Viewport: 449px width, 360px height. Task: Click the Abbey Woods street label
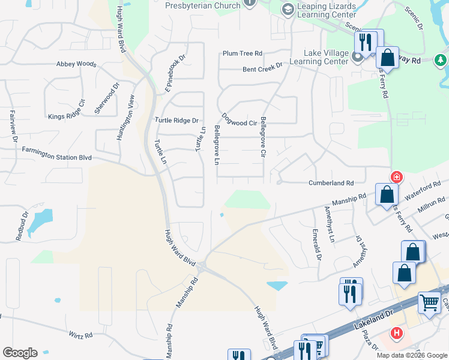tap(76, 64)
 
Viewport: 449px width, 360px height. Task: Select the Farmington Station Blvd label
tap(57, 153)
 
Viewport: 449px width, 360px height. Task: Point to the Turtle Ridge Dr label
tap(176, 120)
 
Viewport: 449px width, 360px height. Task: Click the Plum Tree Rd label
tap(243, 53)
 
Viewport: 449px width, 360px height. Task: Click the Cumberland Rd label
tap(331, 183)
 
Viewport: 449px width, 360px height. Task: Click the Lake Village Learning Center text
tap(319, 58)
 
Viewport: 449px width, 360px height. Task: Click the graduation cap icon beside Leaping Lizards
tap(288, 9)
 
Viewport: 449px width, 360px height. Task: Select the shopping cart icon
tap(429, 302)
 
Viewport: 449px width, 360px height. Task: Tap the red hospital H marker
tap(396, 332)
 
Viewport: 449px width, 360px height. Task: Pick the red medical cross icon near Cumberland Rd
tap(396, 177)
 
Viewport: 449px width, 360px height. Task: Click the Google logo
tap(20, 353)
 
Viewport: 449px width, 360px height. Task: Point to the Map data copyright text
tap(412, 355)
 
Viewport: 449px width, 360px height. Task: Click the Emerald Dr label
tap(316, 244)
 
